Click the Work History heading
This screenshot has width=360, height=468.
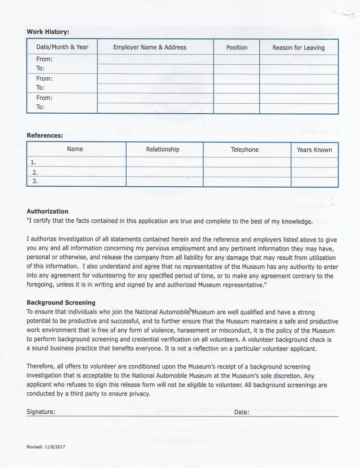[48, 32]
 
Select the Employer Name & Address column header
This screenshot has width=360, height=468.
[149, 48]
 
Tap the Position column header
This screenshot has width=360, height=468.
[237, 48]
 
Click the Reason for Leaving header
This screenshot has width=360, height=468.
[299, 48]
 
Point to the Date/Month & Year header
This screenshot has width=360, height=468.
[62, 47]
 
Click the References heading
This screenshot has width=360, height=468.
[45, 135]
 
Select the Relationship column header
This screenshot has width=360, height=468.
[163, 149]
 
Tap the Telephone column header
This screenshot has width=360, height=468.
[245, 150]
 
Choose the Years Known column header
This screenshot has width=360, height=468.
[314, 150]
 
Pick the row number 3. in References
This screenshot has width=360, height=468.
[35, 181]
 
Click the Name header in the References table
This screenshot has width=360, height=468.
[75, 149]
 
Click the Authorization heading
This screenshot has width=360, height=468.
[48, 211]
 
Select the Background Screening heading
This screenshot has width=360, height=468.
[61, 302]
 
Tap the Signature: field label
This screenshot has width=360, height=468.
[41, 412]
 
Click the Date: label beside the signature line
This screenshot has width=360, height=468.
[241, 412]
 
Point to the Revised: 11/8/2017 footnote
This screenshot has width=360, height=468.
[46, 447]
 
